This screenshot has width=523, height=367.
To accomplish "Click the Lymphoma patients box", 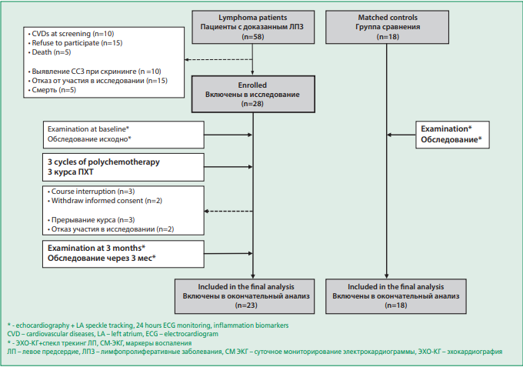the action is pyautogui.click(x=253, y=27).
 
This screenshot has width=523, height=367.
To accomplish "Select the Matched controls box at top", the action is pyautogui.click(x=387, y=27).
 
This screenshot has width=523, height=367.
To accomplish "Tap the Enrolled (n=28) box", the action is pyautogui.click(x=253, y=95).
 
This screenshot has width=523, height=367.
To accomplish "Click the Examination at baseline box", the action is pyautogui.click(x=123, y=135).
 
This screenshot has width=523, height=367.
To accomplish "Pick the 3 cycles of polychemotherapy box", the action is pyautogui.click(x=123, y=167).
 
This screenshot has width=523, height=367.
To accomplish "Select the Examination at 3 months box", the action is pyautogui.click(x=123, y=254).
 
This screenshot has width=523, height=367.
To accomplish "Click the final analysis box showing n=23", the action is pyautogui.click(x=245, y=296).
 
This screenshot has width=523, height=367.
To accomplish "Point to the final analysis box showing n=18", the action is pyautogui.click(x=396, y=296).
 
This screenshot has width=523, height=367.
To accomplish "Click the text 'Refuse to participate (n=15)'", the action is pyautogui.click(x=77, y=43).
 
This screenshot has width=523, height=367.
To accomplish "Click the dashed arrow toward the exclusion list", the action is pyautogui.click(x=218, y=60).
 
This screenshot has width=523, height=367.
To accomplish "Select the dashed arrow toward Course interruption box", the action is pyautogui.click(x=228, y=211).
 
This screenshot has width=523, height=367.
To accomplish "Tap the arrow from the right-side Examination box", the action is pyautogui.click(x=401, y=135).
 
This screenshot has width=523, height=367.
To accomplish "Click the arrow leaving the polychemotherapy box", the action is pyautogui.click(x=228, y=167).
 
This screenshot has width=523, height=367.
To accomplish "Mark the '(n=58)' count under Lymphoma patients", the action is pyautogui.click(x=253, y=37).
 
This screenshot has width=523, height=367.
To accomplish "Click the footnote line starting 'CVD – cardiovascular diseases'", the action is pyautogui.click(x=113, y=334).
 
